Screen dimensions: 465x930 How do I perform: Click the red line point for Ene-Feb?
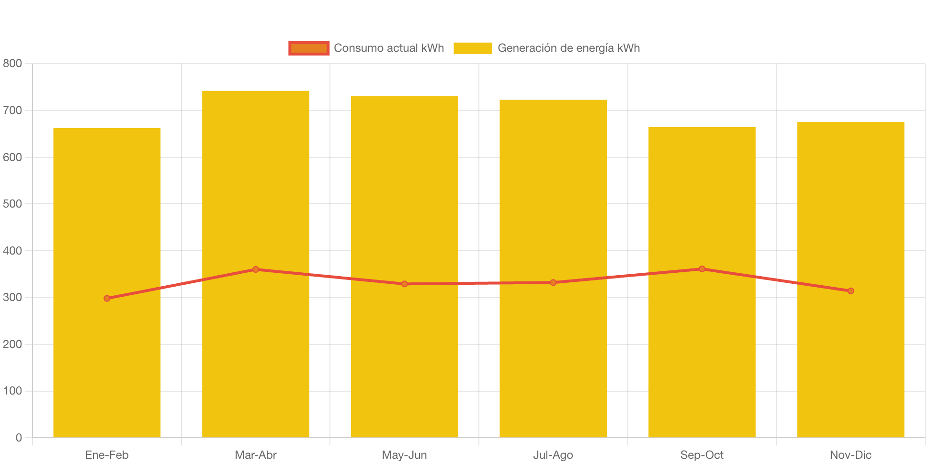click(x=107, y=298)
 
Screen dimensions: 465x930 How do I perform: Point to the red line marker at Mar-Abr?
click(x=256, y=269)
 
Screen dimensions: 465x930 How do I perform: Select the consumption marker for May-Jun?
click(x=405, y=284)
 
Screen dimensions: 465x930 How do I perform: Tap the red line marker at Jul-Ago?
click(x=553, y=282)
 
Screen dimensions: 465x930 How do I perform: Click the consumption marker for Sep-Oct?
click(x=702, y=269)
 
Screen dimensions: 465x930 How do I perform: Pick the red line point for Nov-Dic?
click(x=851, y=291)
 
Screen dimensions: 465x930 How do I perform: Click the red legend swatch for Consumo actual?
click(x=309, y=48)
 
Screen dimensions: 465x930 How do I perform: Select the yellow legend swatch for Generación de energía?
click(x=473, y=48)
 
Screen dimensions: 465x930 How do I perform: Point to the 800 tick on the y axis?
click(x=12, y=63)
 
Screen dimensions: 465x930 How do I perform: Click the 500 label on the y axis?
click(x=12, y=204)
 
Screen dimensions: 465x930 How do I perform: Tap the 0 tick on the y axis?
click(x=19, y=437)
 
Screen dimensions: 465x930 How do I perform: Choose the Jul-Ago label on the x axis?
click(x=553, y=455)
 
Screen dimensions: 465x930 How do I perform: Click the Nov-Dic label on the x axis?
click(x=851, y=455)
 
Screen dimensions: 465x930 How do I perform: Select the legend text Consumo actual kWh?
click(x=389, y=48)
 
